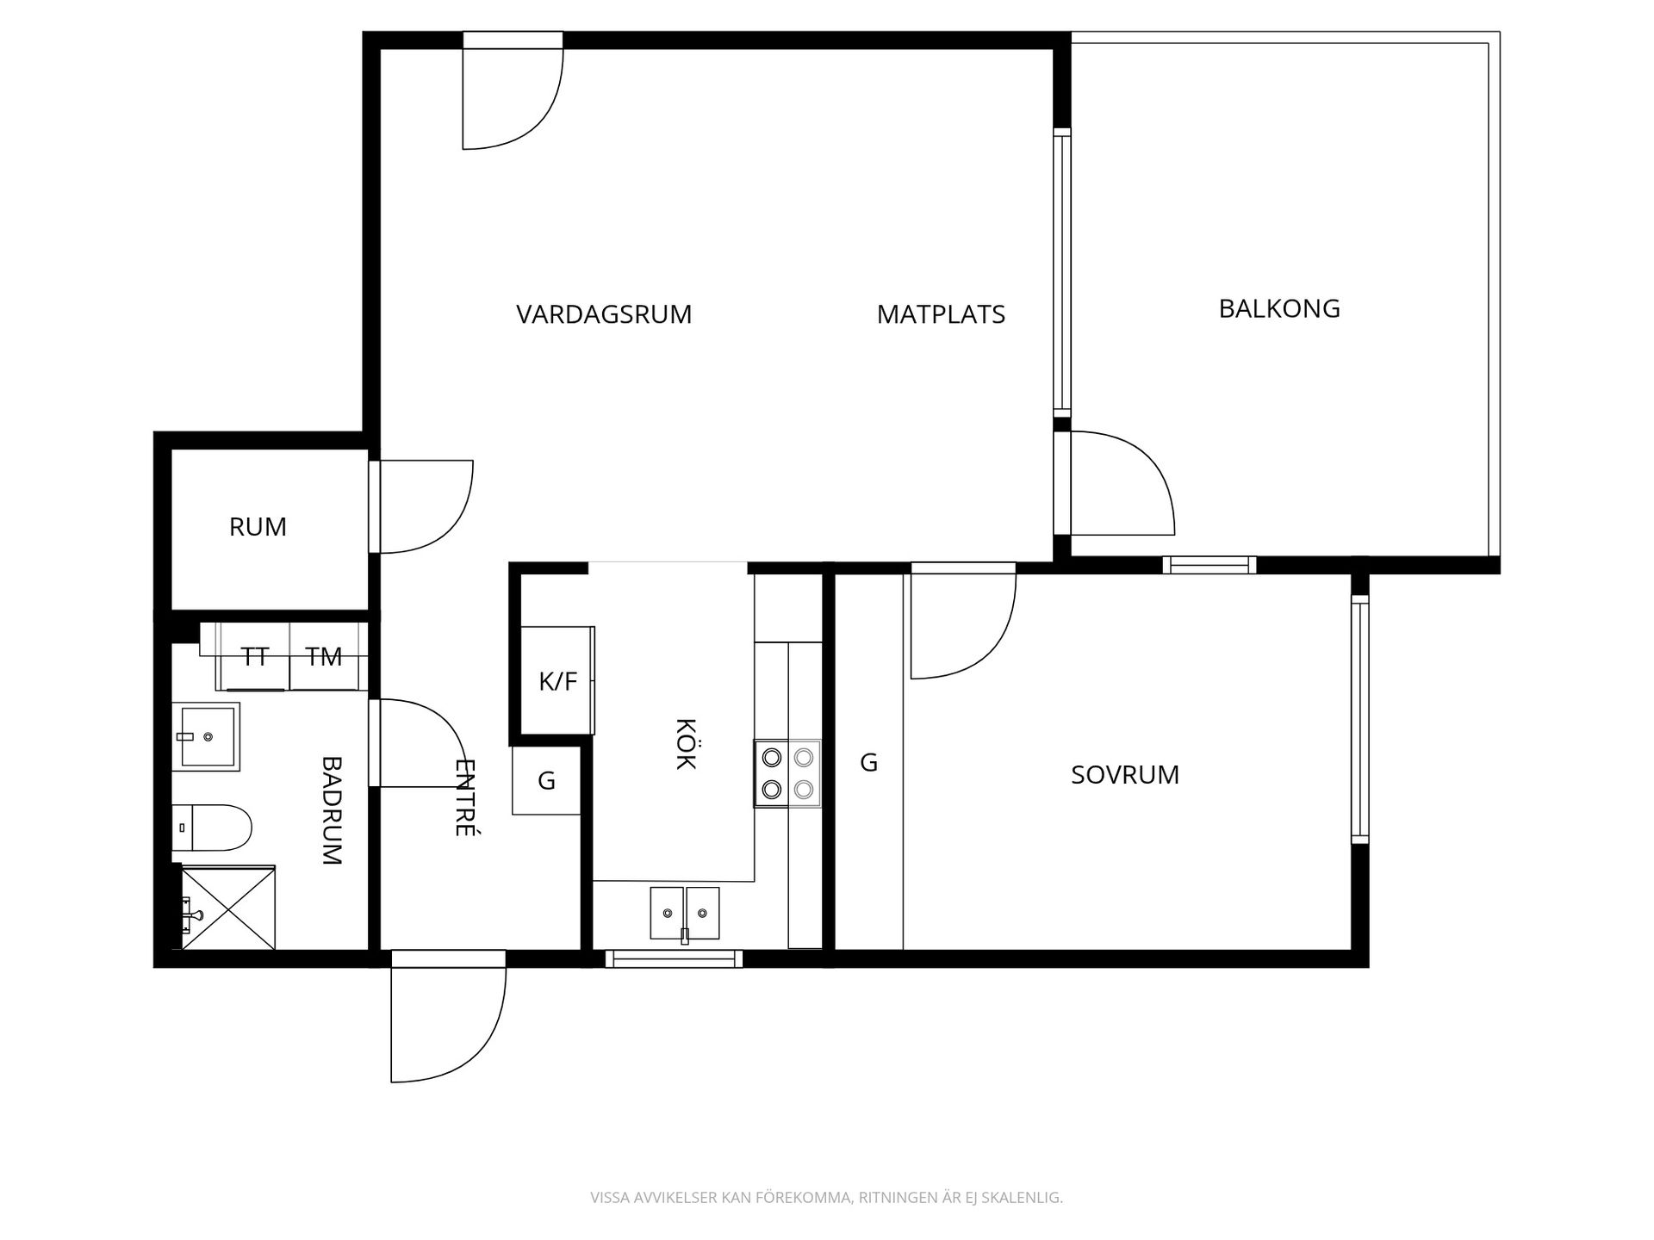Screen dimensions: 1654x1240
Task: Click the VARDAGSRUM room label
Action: (604, 314)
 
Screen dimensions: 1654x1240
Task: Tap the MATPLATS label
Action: (941, 314)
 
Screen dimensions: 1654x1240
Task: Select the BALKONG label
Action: (1279, 308)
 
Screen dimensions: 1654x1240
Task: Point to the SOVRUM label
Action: (1125, 775)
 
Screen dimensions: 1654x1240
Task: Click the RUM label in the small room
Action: (258, 527)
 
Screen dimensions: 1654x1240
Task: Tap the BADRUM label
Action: (332, 810)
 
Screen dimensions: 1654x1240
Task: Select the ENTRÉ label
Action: (465, 797)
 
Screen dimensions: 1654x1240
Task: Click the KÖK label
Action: (686, 743)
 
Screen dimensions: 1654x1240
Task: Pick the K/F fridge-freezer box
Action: (558, 680)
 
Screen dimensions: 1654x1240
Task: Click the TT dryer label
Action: (255, 657)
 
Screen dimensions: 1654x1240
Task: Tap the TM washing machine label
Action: (324, 657)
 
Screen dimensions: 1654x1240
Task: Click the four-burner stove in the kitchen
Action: (787, 773)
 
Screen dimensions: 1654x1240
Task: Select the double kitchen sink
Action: (685, 913)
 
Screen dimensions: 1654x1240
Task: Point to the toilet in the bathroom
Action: (211, 828)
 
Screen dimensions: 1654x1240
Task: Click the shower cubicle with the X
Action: (228, 908)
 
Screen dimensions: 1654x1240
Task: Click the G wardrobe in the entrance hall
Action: (546, 780)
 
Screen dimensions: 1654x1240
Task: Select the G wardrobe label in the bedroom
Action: (869, 762)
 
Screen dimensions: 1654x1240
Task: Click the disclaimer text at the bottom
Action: (827, 1198)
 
